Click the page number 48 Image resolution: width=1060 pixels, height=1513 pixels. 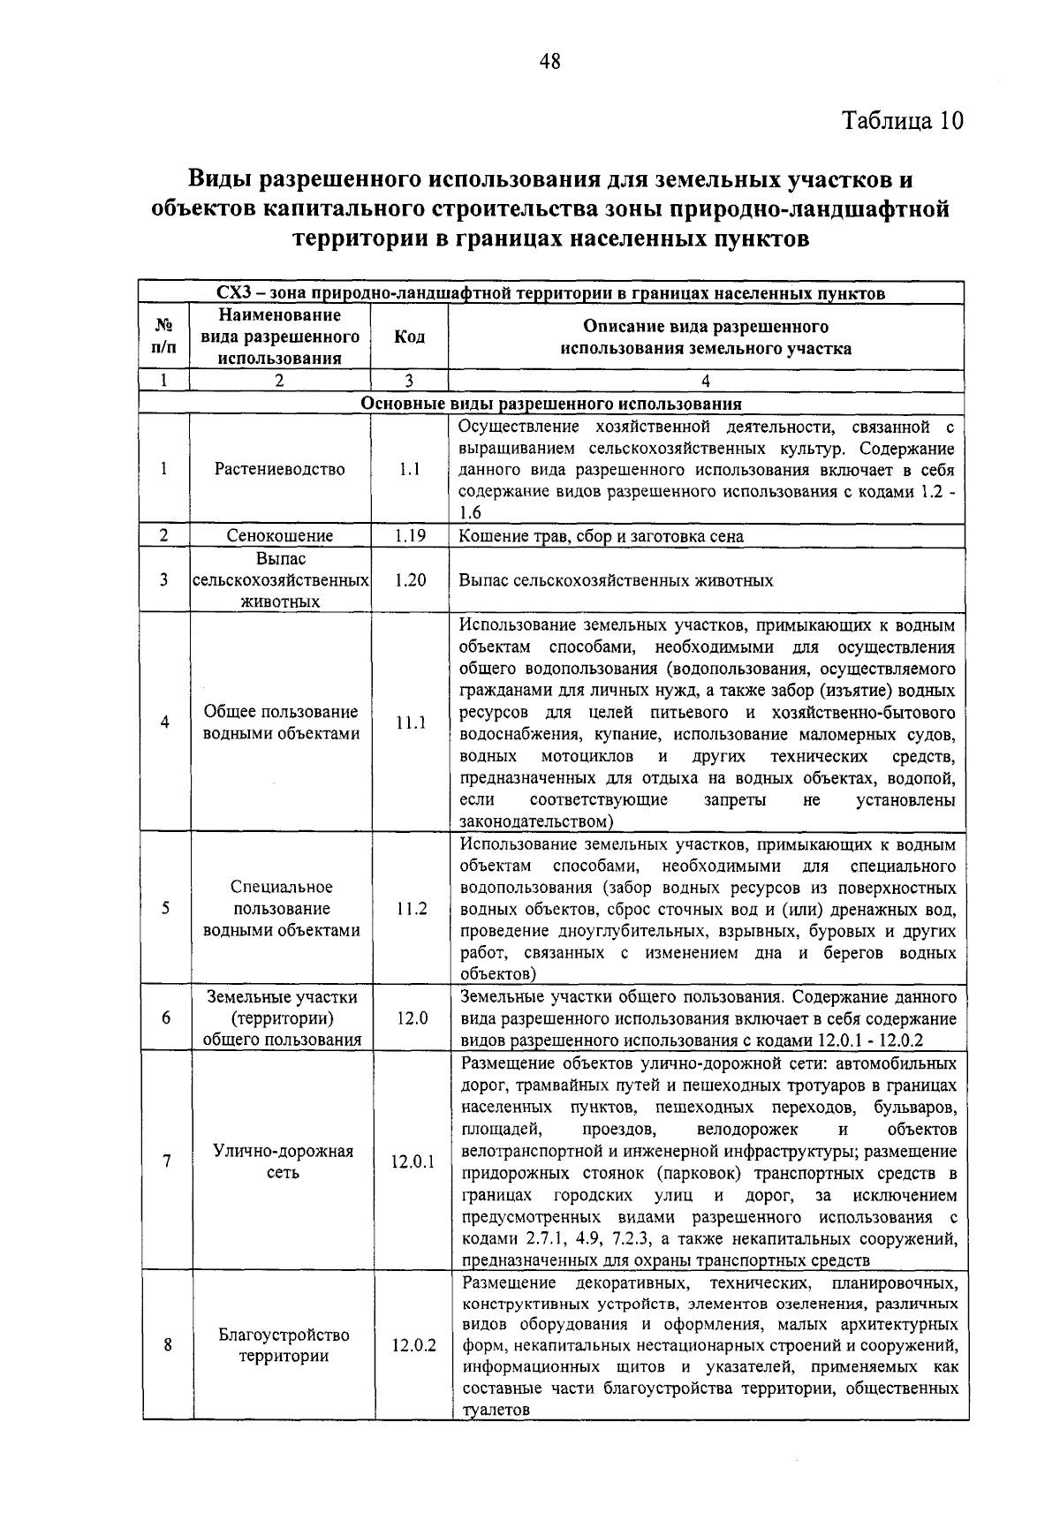point(549,61)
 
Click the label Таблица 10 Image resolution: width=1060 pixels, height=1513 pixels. point(901,120)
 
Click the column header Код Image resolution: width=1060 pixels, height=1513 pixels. point(409,337)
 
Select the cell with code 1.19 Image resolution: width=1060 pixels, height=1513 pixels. point(409,535)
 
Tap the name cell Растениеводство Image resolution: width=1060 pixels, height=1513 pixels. point(280,469)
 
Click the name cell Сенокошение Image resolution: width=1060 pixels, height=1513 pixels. point(280,535)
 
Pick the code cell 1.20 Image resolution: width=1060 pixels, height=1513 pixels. point(409,580)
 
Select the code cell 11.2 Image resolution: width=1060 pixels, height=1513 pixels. point(409,909)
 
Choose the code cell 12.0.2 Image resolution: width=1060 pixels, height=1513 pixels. point(413,1346)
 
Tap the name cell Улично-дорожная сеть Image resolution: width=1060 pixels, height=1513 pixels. point(283,1161)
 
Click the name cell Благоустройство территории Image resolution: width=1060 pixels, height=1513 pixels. point(284,1345)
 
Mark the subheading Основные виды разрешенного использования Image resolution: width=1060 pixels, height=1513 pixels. point(551,405)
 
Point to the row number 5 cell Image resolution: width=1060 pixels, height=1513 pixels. point(165,909)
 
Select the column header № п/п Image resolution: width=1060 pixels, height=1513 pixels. point(164,337)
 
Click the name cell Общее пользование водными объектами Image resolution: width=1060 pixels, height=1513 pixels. point(281,722)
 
